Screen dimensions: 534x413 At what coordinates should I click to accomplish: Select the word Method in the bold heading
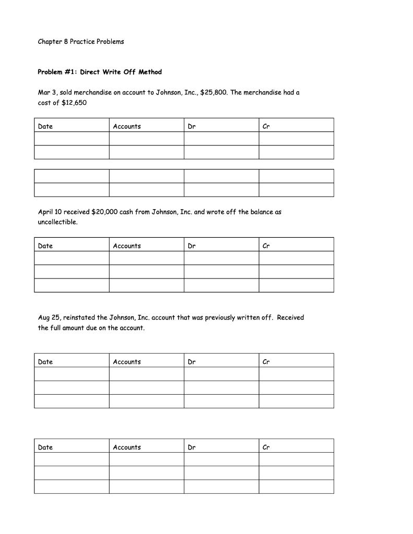(x=150, y=72)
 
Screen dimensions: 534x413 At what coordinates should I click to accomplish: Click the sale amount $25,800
(x=214, y=92)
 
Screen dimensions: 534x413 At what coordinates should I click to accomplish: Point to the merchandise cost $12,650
(x=74, y=103)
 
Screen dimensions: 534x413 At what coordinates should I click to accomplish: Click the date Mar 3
(x=48, y=92)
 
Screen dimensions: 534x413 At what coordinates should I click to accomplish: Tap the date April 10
(x=50, y=212)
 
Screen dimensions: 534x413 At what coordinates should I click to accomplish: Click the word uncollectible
(x=57, y=222)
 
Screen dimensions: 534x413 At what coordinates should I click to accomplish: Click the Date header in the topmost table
(x=45, y=126)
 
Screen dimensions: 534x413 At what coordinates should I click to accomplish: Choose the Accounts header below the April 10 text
(x=127, y=246)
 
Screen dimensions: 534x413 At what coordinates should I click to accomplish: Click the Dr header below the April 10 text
(x=192, y=246)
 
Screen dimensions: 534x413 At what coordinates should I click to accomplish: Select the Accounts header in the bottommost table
(x=127, y=447)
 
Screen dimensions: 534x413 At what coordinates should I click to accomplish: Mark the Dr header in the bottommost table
(x=192, y=447)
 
